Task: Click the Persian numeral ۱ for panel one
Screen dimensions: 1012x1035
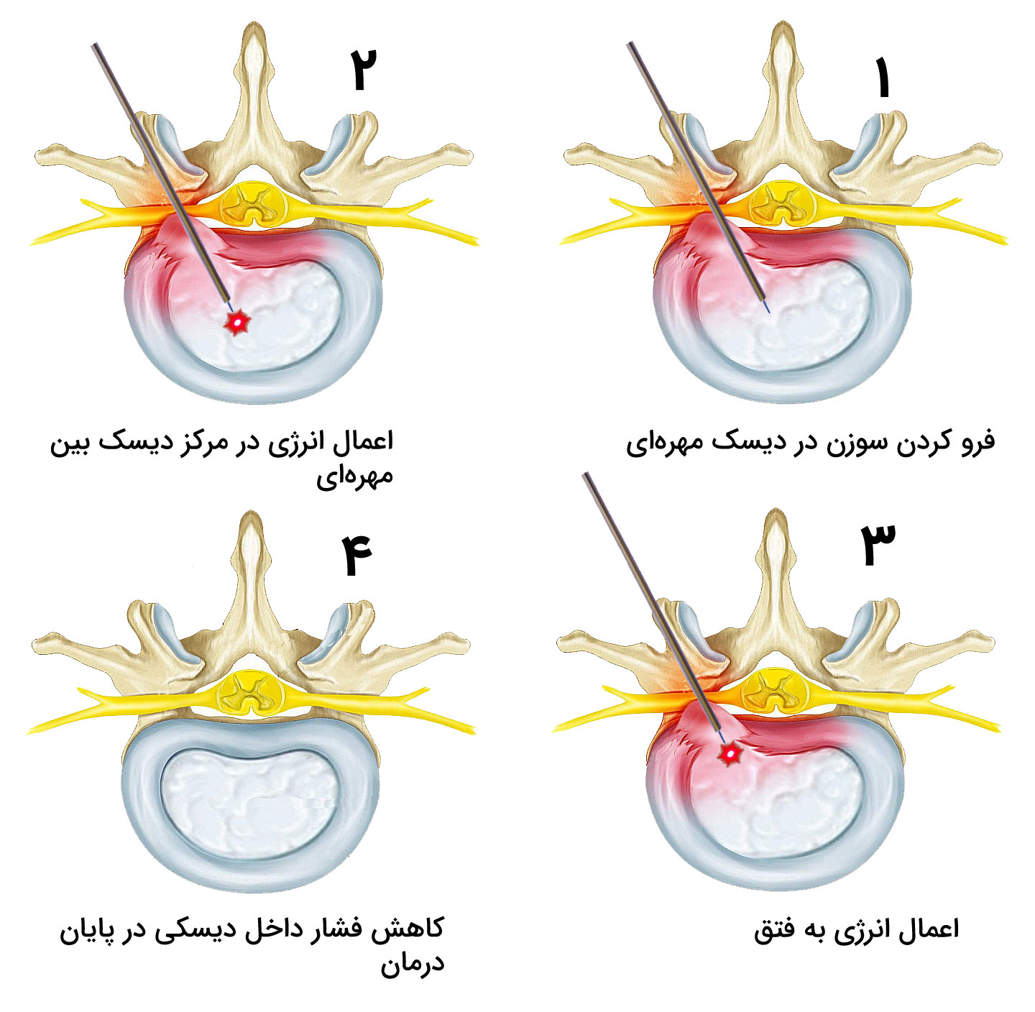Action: (882, 78)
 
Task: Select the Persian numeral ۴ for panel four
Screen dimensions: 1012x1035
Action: (357, 556)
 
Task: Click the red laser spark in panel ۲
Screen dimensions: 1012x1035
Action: (236, 323)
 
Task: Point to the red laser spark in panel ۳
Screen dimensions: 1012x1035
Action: (731, 753)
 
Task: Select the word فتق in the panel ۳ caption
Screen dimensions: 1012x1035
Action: (774, 930)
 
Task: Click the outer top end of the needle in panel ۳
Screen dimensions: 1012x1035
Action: (585, 475)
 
